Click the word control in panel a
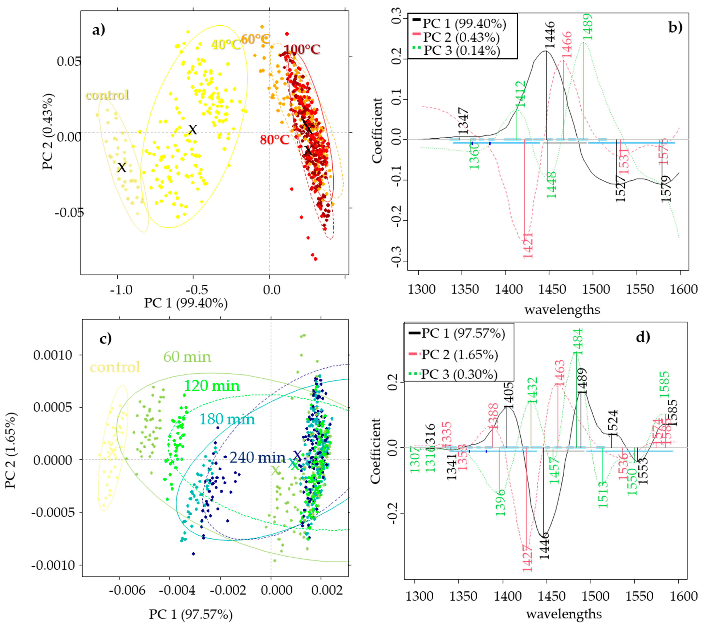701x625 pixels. [x=107, y=95]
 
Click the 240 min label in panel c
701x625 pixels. [x=258, y=457]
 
